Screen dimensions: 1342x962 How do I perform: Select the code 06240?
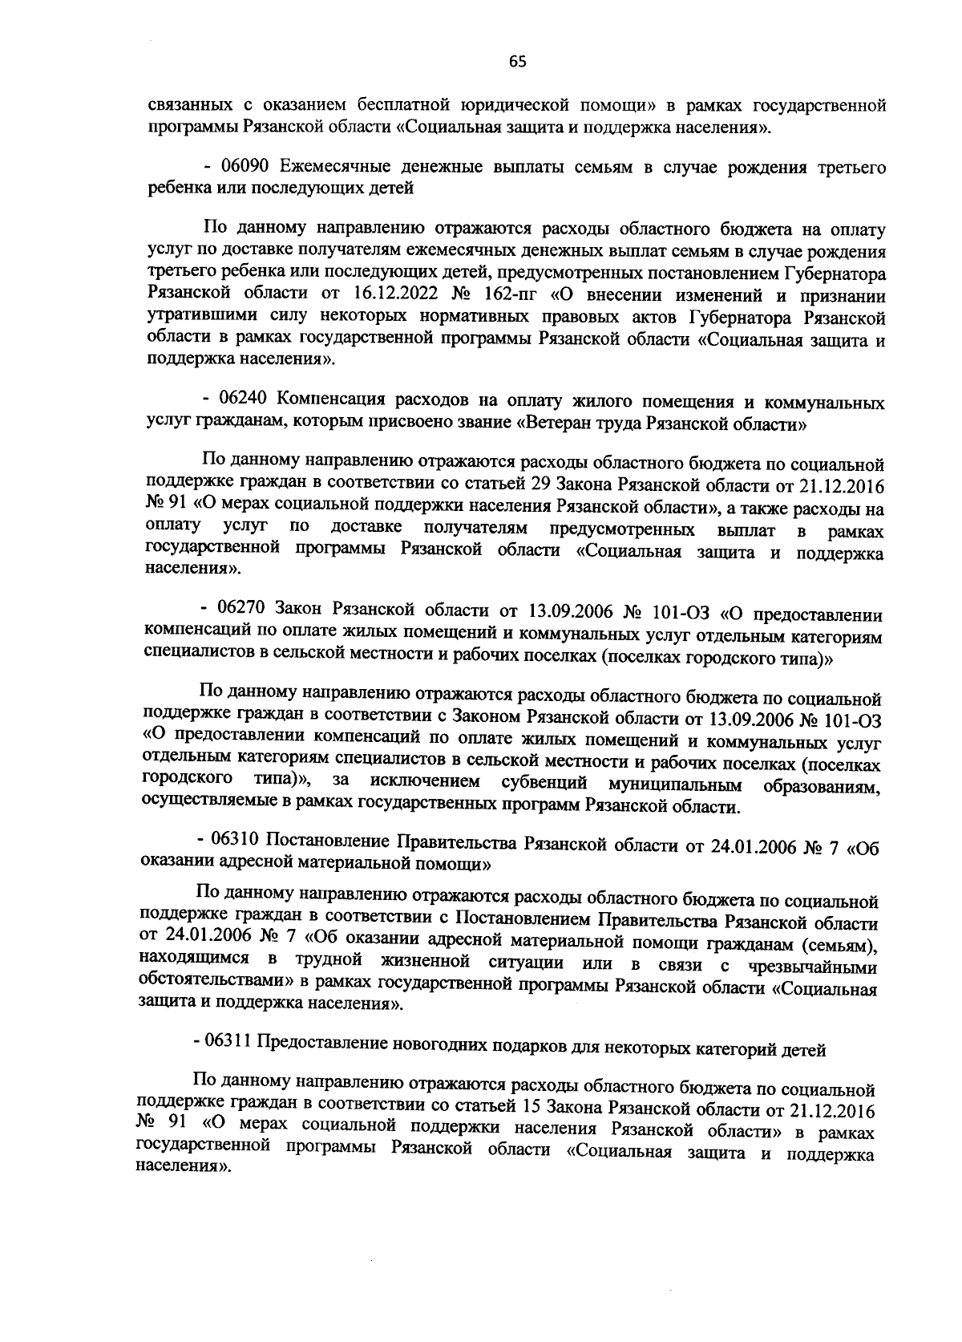point(247,400)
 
